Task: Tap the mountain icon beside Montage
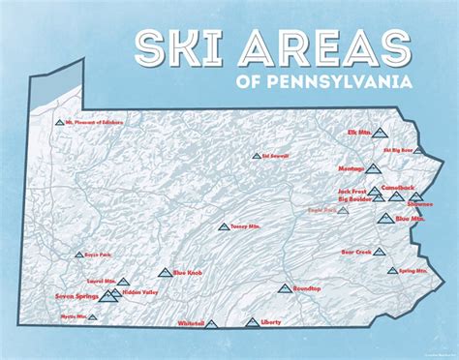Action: click(x=373, y=168)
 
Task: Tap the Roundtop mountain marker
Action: click(x=284, y=287)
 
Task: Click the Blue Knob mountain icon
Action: click(x=164, y=273)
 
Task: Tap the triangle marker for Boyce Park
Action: click(x=78, y=255)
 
